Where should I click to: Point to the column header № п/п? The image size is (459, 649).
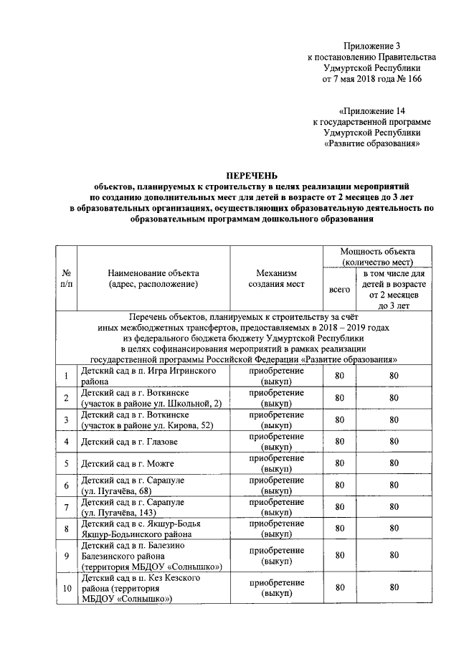click(x=67, y=278)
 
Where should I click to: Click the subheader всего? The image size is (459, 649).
click(x=339, y=289)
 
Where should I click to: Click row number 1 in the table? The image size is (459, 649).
click(x=67, y=376)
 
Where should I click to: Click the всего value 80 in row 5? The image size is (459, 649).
click(x=339, y=463)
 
